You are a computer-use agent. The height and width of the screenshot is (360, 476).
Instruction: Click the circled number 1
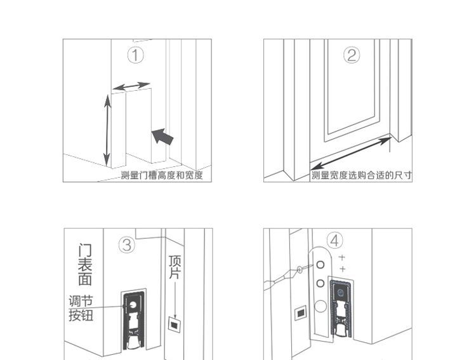click(x=135, y=56)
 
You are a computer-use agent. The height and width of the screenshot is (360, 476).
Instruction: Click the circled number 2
click(x=352, y=56)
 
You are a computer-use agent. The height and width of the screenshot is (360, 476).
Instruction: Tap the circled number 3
click(x=126, y=245)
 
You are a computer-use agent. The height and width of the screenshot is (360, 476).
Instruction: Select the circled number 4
click(x=335, y=241)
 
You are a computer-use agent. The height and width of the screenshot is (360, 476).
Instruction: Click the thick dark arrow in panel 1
click(x=162, y=137)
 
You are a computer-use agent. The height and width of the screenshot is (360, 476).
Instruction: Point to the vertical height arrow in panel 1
click(x=107, y=130)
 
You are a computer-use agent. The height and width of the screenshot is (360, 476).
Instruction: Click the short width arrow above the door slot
click(x=131, y=86)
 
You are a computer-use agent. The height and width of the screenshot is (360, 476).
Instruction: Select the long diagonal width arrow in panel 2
click(x=351, y=153)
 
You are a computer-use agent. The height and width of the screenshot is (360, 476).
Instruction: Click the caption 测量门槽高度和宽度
click(x=161, y=175)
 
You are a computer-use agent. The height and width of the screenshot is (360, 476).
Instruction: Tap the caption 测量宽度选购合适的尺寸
click(x=362, y=175)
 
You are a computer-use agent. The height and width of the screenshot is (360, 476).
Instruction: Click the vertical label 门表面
click(x=85, y=264)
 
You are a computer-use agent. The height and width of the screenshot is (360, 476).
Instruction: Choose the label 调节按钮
click(x=81, y=309)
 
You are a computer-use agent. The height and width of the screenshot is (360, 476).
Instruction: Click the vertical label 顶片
click(x=175, y=267)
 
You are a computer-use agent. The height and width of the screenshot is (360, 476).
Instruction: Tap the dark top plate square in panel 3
click(x=174, y=324)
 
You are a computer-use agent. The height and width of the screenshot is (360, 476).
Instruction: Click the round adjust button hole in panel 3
click(x=133, y=304)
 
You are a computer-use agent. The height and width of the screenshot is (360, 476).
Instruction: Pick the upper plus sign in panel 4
click(x=342, y=258)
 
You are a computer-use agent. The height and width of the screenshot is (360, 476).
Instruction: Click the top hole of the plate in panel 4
click(x=321, y=265)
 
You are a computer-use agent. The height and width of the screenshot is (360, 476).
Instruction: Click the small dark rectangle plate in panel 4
click(x=301, y=313)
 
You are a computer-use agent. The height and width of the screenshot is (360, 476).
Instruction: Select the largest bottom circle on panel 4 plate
click(x=321, y=306)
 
